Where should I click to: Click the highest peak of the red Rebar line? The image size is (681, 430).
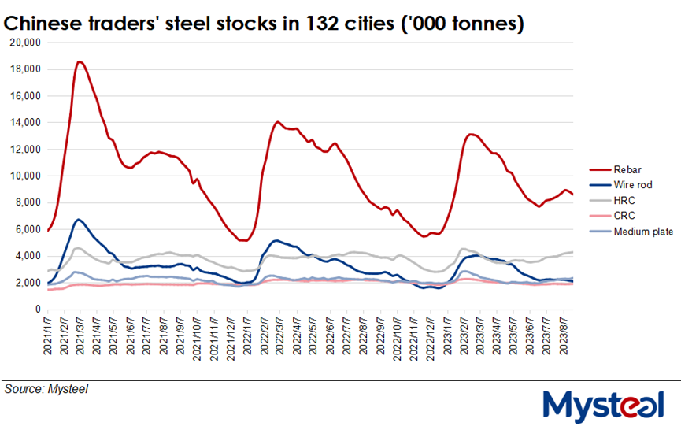coord(80,61)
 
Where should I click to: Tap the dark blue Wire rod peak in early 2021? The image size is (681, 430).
coord(79,219)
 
